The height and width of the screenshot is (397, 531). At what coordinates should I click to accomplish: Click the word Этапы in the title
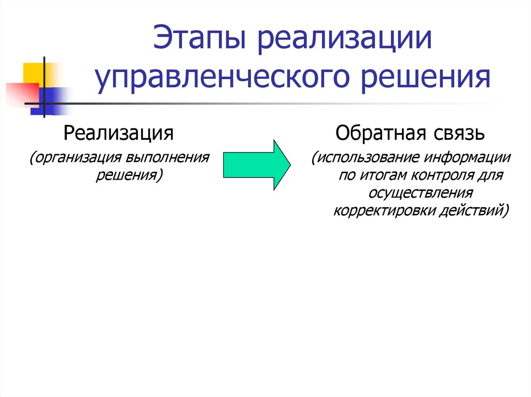(x=199, y=37)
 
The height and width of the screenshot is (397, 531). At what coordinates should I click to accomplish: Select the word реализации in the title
(x=345, y=39)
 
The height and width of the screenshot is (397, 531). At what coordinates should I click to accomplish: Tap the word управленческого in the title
(x=222, y=78)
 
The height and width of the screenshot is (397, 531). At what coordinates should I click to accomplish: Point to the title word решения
(x=425, y=78)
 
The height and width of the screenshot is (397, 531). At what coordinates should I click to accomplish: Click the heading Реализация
(x=119, y=134)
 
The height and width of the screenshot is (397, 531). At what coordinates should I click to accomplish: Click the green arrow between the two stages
(x=257, y=165)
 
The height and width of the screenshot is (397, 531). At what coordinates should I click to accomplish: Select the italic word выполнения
(x=168, y=157)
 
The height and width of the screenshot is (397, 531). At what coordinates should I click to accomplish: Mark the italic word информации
(x=467, y=158)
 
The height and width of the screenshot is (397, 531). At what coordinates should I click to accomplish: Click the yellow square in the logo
(x=37, y=75)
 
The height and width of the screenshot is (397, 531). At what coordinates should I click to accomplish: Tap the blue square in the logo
(x=48, y=101)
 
